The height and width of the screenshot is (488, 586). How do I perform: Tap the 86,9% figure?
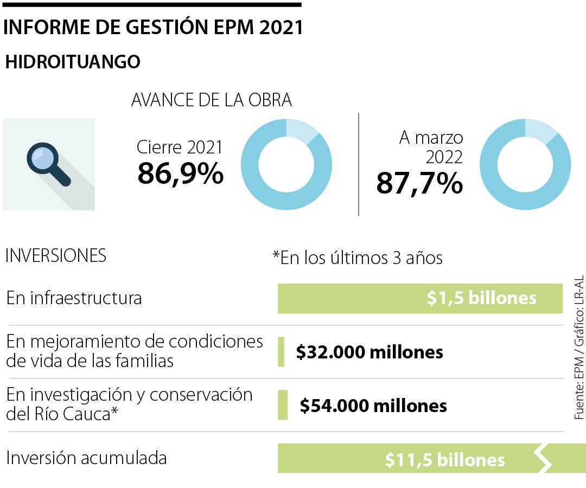(x=180, y=174)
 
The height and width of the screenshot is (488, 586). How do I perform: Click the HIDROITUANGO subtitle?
(x=72, y=62)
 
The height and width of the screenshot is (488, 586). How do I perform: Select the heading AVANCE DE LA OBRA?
(x=212, y=100)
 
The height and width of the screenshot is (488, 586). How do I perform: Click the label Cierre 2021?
(x=180, y=147)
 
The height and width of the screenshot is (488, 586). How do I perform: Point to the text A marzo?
(x=431, y=138)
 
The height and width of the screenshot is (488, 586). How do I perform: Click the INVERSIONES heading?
(x=55, y=256)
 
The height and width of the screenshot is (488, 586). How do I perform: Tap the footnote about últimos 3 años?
(x=358, y=258)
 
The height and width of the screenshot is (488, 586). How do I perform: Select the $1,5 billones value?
(x=481, y=298)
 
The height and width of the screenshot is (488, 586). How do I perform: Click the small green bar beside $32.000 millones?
(x=281, y=351)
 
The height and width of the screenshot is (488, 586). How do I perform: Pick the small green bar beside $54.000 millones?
(x=282, y=404)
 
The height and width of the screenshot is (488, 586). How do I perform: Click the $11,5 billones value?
(x=445, y=460)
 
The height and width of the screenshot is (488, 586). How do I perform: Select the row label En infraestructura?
(x=74, y=298)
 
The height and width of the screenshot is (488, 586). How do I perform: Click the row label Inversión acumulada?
(x=86, y=458)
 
